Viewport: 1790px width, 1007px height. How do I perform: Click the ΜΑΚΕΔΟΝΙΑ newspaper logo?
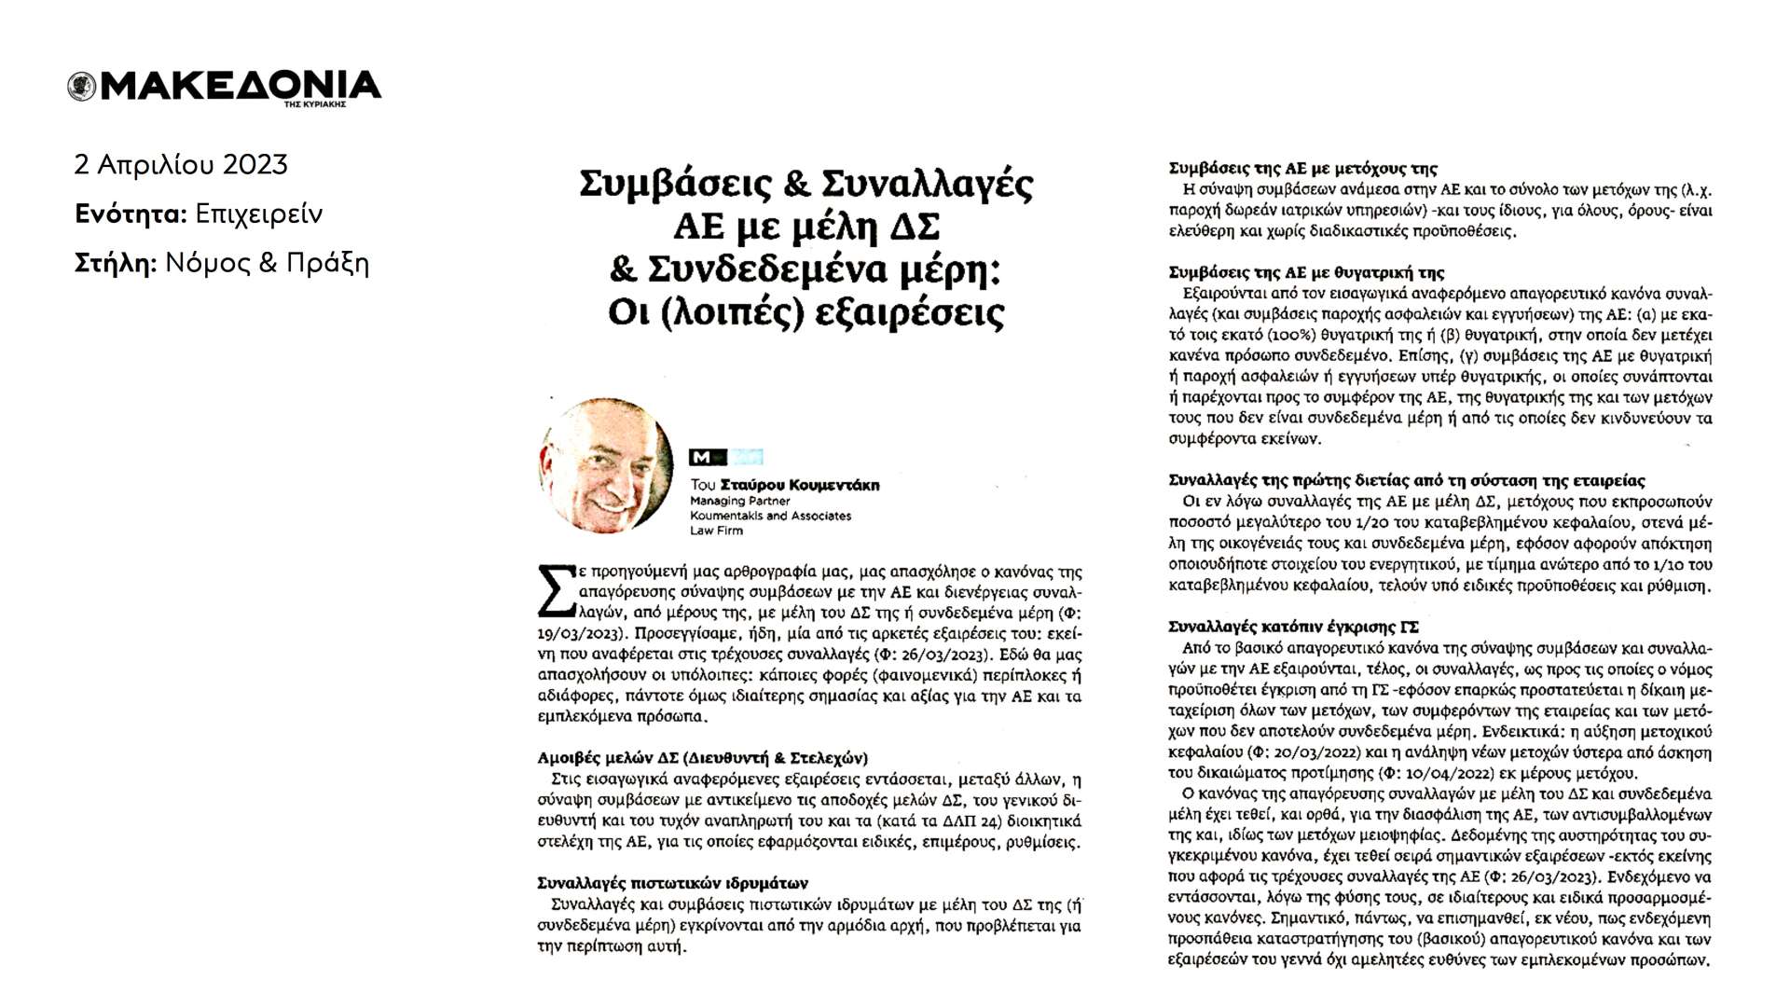(225, 87)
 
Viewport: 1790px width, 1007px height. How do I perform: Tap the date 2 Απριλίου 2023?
(181, 165)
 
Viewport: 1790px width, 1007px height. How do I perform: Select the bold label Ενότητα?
(131, 214)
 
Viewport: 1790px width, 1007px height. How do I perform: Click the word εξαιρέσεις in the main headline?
(909, 312)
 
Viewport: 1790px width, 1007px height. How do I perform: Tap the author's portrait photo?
(606, 464)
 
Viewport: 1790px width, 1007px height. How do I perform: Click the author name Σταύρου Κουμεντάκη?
(800, 485)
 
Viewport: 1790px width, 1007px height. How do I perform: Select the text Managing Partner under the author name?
(739, 501)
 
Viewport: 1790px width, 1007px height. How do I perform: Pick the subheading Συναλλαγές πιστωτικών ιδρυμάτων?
(672, 883)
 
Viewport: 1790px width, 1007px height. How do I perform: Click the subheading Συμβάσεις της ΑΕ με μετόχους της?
(1302, 169)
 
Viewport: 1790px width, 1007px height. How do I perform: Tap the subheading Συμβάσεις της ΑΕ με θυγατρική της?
(1306, 272)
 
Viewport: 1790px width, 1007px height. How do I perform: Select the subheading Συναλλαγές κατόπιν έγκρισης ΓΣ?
(1293, 627)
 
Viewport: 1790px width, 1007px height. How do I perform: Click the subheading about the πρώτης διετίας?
(1406, 481)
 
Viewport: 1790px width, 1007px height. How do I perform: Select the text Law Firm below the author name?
(716, 531)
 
